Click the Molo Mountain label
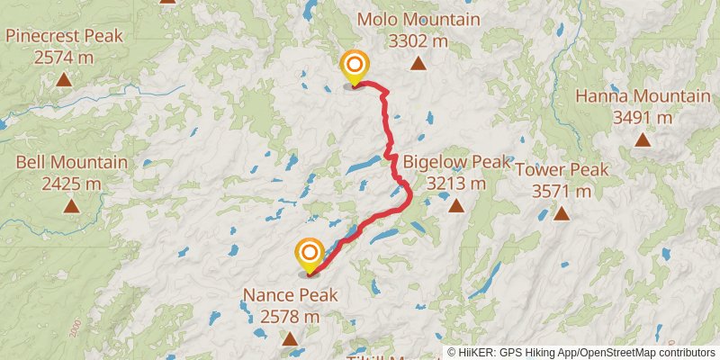[x=418, y=20]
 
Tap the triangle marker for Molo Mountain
[x=418, y=63]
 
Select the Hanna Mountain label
[x=643, y=96]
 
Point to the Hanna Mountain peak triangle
[x=643, y=139]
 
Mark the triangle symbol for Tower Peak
[x=562, y=213]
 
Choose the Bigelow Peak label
[x=456, y=162]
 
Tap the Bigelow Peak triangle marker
[x=456, y=205]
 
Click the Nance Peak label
[x=290, y=295]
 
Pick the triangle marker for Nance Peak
[x=290, y=338]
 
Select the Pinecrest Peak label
[x=63, y=36]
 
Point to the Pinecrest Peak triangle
[x=63, y=79]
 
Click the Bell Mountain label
[x=71, y=163]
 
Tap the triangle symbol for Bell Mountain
[x=71, y=206]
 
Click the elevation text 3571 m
[x=562, y=191]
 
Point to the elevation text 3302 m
[x=418, y=40]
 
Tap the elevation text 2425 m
[x=71, y=184]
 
